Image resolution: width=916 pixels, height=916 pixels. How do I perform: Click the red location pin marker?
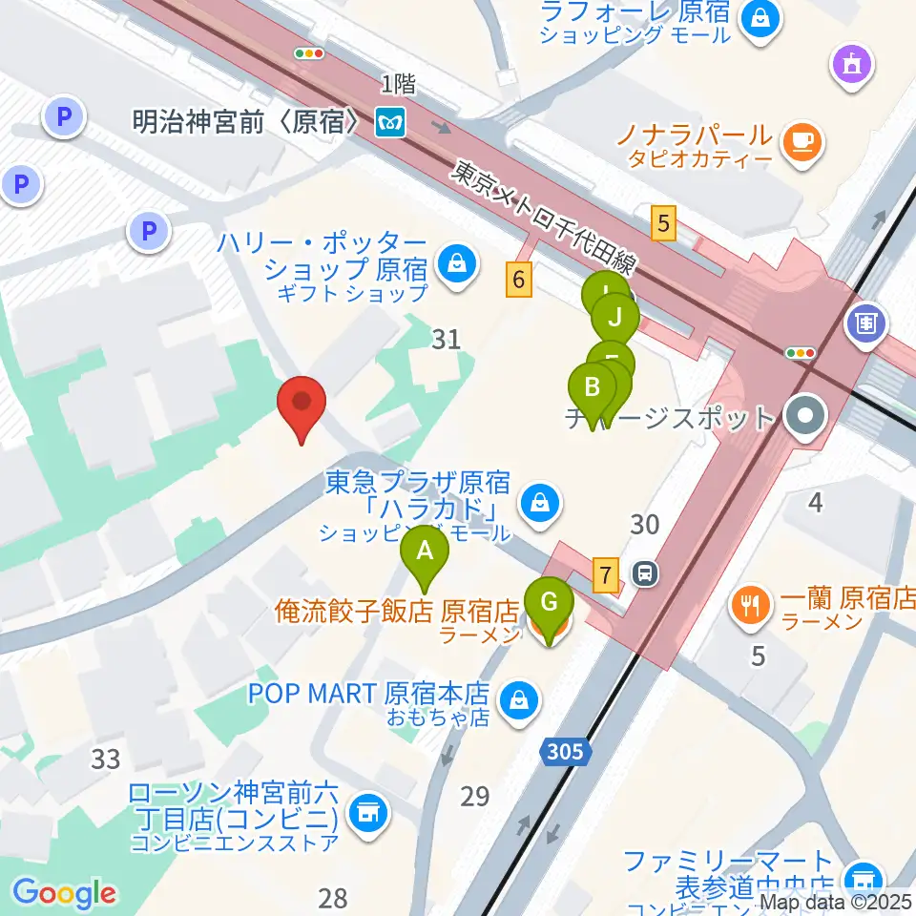tap(302, 405)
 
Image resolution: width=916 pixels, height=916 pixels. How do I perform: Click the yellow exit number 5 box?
tap(664, 224)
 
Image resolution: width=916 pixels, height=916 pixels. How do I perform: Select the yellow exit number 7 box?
tap(603, 575)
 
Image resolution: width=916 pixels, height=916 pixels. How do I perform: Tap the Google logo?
tap(65, 892)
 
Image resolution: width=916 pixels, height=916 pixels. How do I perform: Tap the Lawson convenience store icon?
tap(366, 814)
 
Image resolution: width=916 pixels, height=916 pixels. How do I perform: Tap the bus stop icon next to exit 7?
tap(646, 573)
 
